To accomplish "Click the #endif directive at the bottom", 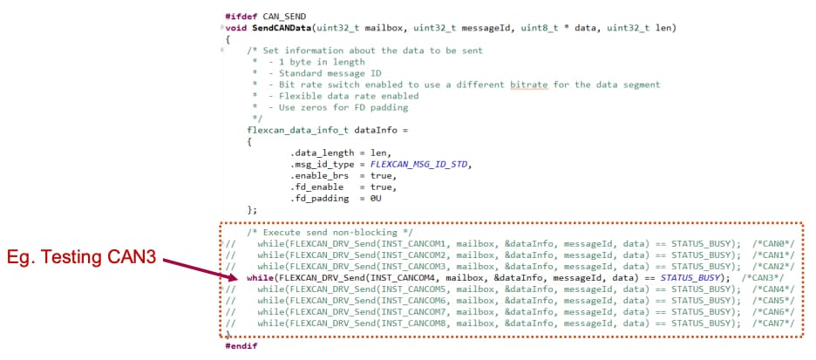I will point(241,346).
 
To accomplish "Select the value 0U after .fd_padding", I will point(376,198).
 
